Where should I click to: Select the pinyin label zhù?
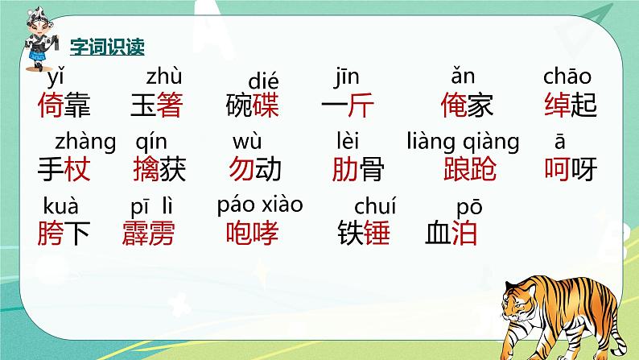click(x=164, y=78)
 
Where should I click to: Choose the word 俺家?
click(x=468, y=106)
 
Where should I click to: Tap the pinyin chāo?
click(x=567, y=78)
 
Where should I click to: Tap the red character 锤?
click(x=377, y=234)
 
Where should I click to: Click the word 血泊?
click(x=451, y=234)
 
